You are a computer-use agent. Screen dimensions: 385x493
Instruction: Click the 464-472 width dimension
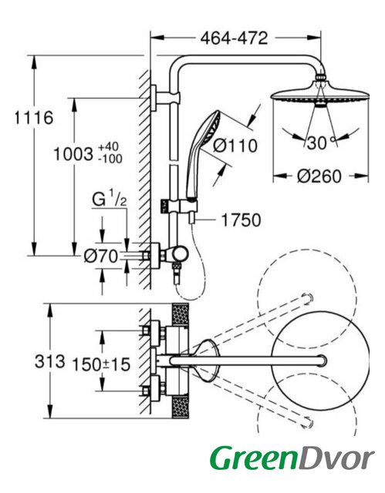[x=235, y=39]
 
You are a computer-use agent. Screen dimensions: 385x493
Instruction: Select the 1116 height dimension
[x=34, y=118]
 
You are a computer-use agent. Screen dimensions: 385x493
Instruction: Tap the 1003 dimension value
[x=73, y=154]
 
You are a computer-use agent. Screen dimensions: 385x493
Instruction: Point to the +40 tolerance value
[x=108, y=147]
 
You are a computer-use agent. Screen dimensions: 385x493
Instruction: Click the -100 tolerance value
[x=110, y=159]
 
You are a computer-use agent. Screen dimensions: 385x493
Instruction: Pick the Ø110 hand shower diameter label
[x=235, y=146]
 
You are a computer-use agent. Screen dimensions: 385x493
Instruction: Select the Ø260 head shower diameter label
[x=319, y=176]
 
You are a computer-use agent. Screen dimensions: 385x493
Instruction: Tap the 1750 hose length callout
[x=241, y=220]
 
